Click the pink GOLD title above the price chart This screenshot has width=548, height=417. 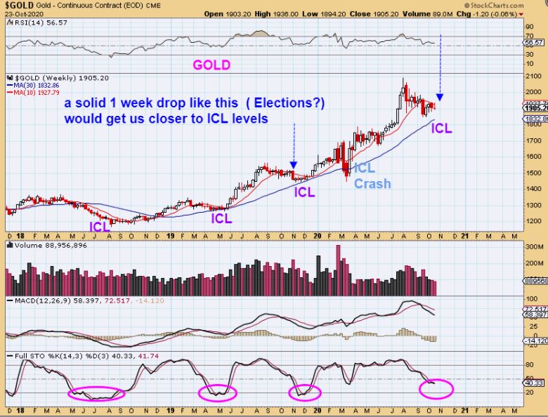tap(211, 65)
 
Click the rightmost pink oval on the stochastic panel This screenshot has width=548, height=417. tap(436, 387)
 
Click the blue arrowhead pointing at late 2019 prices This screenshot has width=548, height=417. tap(293, 165)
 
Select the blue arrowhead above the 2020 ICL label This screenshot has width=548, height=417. tap(440, 97)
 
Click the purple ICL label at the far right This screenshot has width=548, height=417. tap(441, 128)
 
